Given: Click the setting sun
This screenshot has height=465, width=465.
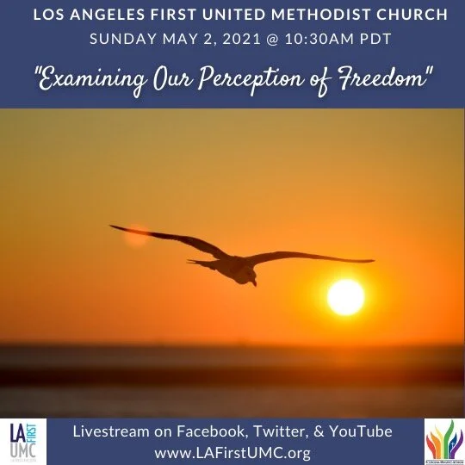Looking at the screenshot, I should pyautogui.click(x=345, y=297).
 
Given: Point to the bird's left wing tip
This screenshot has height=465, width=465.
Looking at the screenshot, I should pyautogui.click(x=115, y=227).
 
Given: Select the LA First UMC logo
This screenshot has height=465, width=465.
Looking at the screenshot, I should pyautogui.click(x=23, y=442).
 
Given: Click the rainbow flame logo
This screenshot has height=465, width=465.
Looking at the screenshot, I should pyautogui.click(x=443, y=441).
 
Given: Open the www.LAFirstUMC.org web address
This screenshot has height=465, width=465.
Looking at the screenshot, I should pyautogui.click(x=232, y=451).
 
